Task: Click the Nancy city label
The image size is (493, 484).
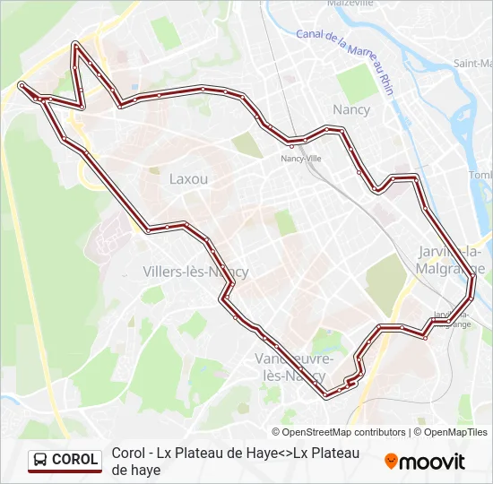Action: coord(351,109)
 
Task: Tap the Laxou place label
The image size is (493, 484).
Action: coord(188,178)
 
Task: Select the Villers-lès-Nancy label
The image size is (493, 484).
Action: coord(195,272)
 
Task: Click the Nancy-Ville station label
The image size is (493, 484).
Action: coord(301,159)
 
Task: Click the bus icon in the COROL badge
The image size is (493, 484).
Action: coord(40,460)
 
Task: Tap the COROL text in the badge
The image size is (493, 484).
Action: coord(74,460)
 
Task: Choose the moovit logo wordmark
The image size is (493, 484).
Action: coord(432,462)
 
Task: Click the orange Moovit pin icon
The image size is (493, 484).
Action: coord(392,462)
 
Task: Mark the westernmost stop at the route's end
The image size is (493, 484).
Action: coord(21,85)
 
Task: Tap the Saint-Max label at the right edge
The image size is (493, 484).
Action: coord(472,64)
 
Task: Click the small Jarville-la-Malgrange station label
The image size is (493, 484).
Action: coord(452,319)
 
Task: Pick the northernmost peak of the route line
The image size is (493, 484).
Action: coord(77,43)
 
